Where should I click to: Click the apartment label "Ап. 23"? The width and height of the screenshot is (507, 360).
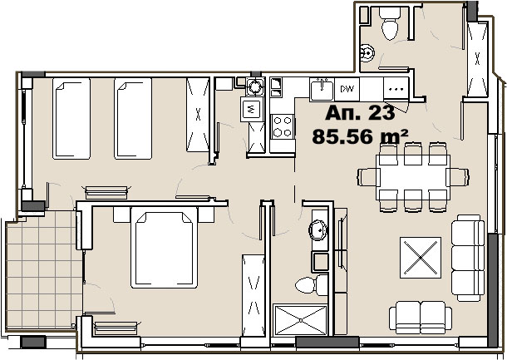point(360,113)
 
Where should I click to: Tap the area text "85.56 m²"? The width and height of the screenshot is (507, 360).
point(360,136)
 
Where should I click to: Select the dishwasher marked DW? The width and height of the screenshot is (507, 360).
point(347,89)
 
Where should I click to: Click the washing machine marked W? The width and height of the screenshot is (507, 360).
point(252,109)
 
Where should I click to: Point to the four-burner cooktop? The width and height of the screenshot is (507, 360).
point(283,127)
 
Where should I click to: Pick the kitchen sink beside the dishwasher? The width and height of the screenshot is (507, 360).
point(322,89)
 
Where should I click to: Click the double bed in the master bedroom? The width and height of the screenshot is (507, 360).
point(165,248)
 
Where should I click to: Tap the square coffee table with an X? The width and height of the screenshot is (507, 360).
point(421,258)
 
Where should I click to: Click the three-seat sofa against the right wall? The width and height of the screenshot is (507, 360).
point(468,258)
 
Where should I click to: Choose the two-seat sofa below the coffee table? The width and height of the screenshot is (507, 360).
point(421,318)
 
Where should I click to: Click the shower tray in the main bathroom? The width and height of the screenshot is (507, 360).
point(301,320)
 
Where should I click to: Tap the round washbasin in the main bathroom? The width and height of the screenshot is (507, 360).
point(319,230)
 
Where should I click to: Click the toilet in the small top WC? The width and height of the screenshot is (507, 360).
point(390,23)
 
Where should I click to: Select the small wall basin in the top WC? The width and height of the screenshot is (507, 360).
point(367,53)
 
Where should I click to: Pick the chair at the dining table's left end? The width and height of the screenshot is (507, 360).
point(367,177)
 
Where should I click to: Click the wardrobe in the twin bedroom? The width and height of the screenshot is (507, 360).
point(198,115)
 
